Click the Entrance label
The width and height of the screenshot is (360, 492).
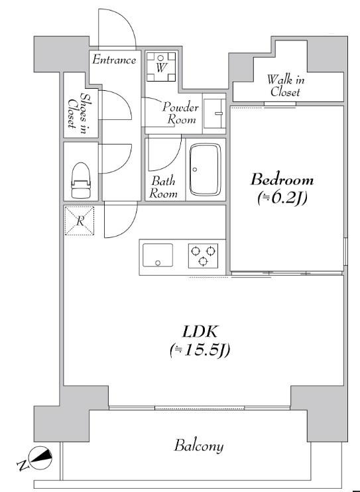tap(114, 60)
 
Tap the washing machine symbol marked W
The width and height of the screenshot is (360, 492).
tap(161, 67)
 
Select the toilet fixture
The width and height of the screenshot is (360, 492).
tap(81, 180)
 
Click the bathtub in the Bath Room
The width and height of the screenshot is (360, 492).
tap(206, 170)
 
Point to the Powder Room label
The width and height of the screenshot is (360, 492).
tap(181, 113)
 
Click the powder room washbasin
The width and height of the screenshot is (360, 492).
tap(214, 113)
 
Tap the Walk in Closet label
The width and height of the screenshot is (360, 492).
tap(285, 86)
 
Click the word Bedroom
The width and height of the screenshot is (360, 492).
tap(282, 180)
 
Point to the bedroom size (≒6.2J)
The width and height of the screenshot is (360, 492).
tap(282, 198)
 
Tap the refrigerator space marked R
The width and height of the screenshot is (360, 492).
tap(80, 221)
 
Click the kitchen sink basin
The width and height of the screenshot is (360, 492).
tap(158, 255)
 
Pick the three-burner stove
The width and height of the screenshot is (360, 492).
tap(203, 256)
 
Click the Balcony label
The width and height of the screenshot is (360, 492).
tap(199, 446)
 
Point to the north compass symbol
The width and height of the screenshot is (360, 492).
tap(40, 458)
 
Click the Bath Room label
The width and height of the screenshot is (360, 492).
tap(163, 188)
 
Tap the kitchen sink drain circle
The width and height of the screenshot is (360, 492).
tap(158, 263)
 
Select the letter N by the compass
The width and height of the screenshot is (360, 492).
tap(23, 466)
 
